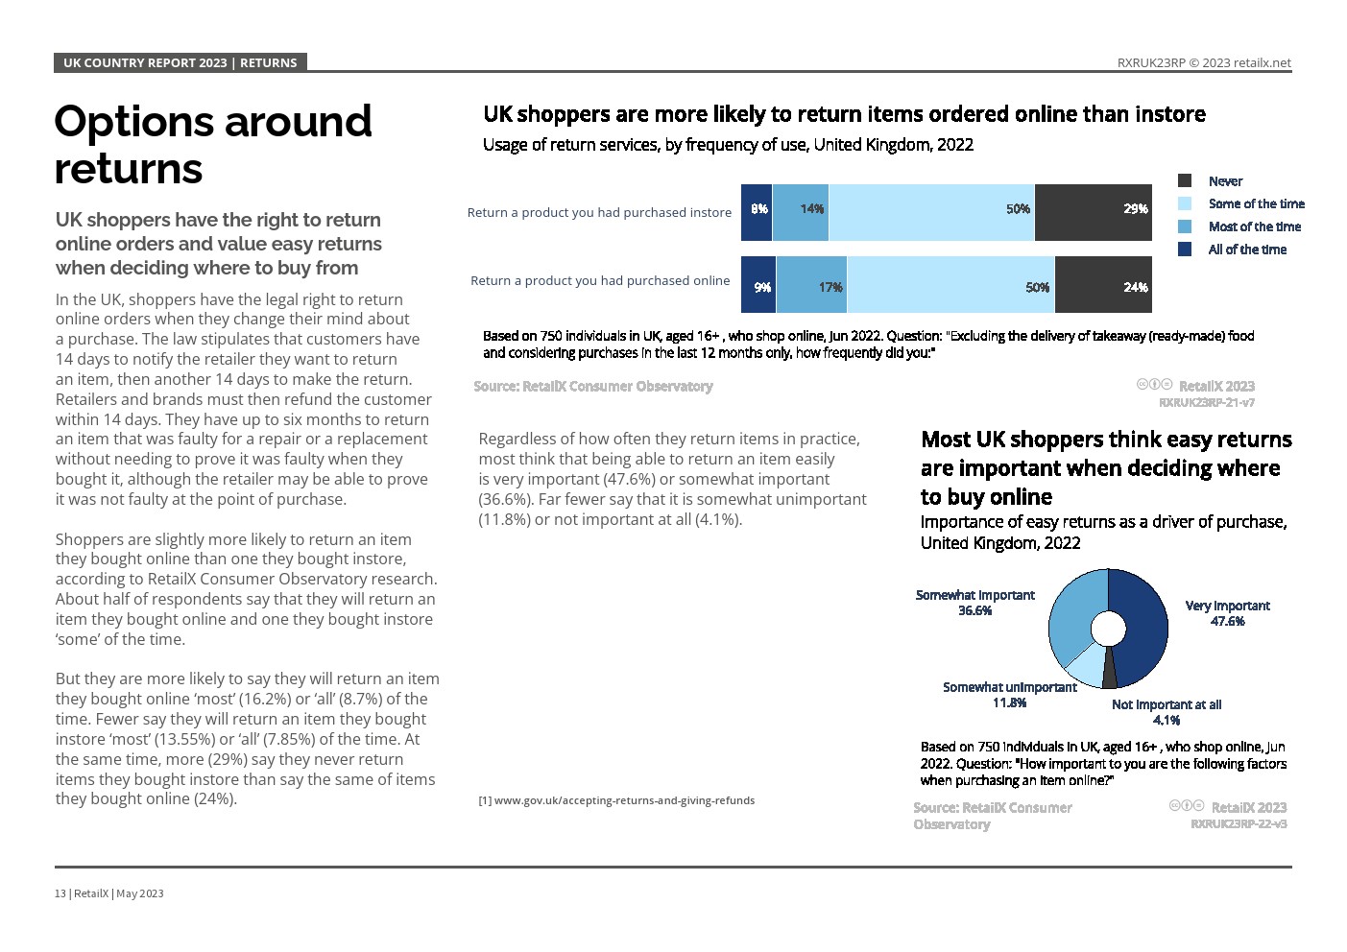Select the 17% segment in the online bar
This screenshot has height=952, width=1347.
(811, 285)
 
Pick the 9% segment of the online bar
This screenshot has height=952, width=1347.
(758, 285)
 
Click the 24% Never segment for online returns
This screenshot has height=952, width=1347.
(1103, 285)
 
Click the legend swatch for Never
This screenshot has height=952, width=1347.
(1185, 180)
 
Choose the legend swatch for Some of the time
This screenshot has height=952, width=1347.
(1185, 203)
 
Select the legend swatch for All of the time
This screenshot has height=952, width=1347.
(1185, 250)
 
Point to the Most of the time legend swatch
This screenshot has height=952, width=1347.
(1185, 226)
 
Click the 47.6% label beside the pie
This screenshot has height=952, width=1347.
(1227, 621)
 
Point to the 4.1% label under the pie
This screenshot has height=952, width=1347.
(1166, 720)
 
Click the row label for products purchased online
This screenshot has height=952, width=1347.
(600, 280)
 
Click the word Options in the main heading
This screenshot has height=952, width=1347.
(133, 122)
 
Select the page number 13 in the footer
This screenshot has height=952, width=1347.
(60, 893)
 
